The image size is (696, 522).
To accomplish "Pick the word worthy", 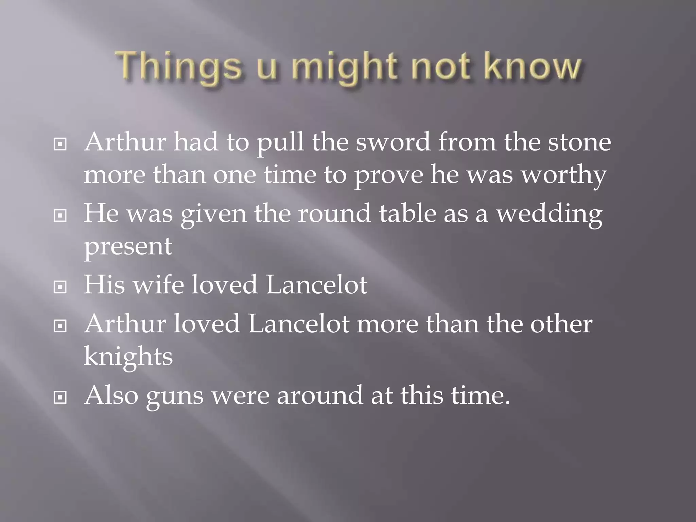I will tap(564, 175).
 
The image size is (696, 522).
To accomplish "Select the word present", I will tap(128, 247).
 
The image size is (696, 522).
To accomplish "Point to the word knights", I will tap(128, 357).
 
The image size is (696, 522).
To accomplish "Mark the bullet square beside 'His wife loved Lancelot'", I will tap(60, 288).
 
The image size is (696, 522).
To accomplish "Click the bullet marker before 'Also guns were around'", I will tap(60, 397).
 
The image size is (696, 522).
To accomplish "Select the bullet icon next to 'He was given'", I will tap(60, 215).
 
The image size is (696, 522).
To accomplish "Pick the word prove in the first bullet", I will tap(389, 175).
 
